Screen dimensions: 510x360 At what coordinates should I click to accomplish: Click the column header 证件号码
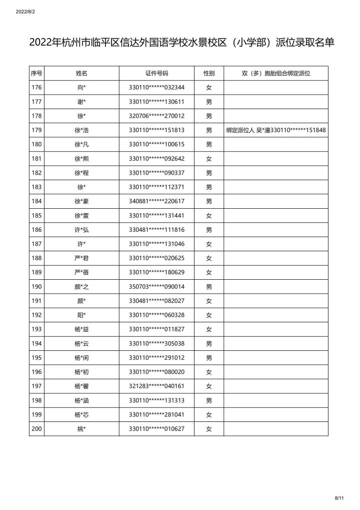[156, 73]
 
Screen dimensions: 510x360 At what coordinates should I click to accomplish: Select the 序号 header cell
[36, 73]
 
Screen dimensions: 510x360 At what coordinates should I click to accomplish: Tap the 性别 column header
[209, 73]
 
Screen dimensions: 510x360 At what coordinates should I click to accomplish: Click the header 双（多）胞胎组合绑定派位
[276, 73]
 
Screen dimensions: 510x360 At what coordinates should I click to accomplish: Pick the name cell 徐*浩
[81, 130]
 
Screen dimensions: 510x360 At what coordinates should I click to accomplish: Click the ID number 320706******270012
[156, 116]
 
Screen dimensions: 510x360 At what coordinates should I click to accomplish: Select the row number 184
[36, 201]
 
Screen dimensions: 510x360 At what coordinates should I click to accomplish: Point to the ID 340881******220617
[156, 201]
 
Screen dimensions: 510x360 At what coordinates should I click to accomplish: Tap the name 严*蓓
[81, 272]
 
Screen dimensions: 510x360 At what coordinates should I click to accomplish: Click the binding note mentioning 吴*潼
[276, 130]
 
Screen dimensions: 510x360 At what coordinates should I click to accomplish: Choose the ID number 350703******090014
[156, 286]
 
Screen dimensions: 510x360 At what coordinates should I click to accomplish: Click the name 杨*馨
[81, 386]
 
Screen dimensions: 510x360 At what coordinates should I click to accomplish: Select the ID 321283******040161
[156, 386]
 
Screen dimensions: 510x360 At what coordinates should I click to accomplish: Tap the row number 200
[36, 428]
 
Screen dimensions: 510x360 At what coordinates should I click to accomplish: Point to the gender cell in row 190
[209, 286]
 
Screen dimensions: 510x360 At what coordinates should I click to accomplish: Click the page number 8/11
[339, 498]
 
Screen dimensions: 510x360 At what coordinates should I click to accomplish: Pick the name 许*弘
[81, 230]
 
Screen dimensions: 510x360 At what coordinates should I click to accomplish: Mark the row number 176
[36, 88]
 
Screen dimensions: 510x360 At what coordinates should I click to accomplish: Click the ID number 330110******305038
[156, 343]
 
